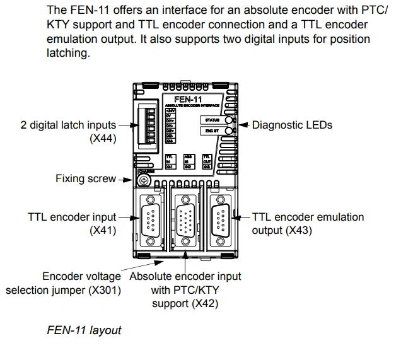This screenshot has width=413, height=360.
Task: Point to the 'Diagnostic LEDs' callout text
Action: click(292, 125)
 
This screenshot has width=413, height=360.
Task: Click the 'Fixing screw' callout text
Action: click(86, 178)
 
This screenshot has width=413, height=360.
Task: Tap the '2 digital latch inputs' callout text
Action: click(68, 125)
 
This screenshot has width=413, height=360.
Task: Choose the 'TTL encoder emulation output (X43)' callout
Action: click(308, 223)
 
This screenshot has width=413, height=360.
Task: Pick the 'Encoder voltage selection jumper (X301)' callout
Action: click(63, 283)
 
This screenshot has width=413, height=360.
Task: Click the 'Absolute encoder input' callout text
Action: click(185, 276)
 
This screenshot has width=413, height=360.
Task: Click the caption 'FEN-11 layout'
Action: click(84, 330)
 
